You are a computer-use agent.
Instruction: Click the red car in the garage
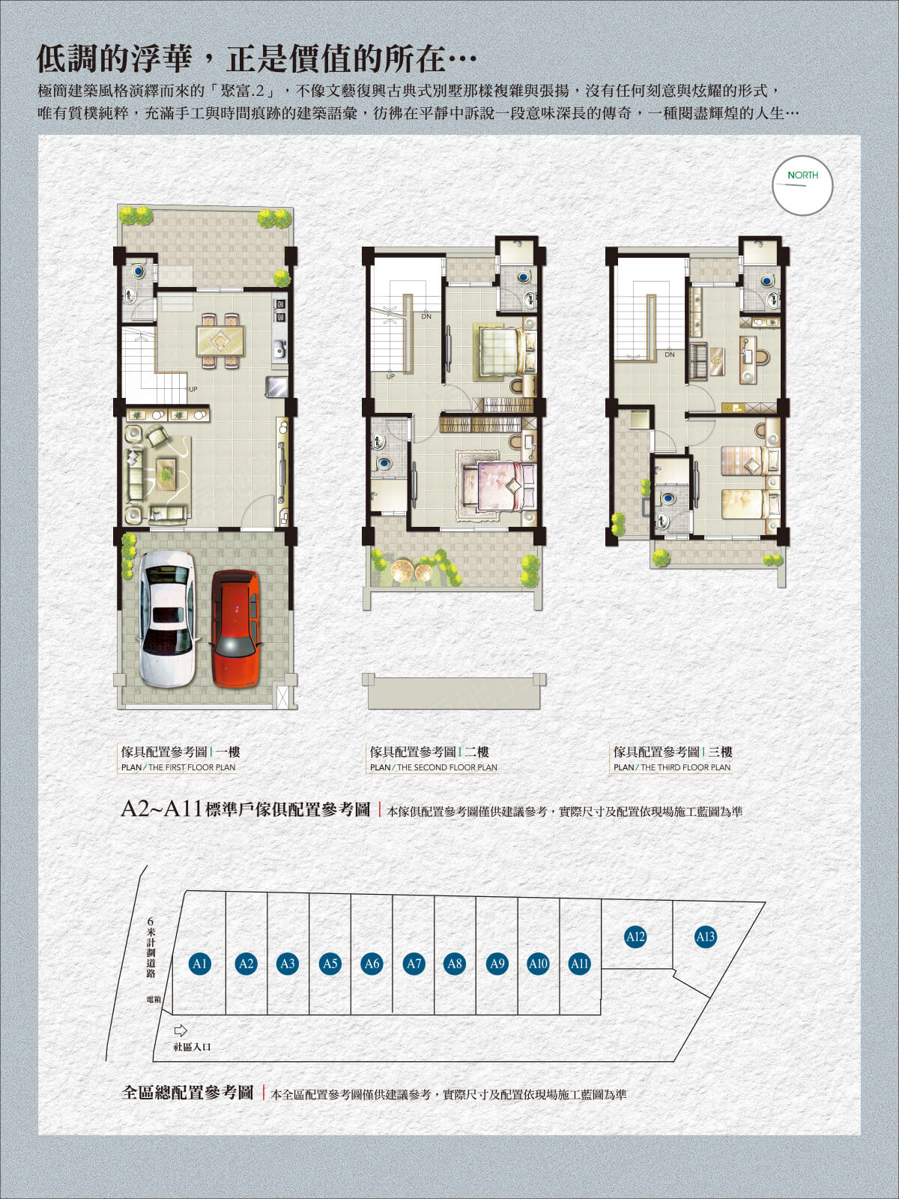click(235, 628)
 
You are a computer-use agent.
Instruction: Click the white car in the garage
click(167, 618)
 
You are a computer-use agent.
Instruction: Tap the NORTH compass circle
click(802, 186)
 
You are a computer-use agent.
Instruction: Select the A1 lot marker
click(199, 964)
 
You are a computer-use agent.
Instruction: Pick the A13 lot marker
click(705, 937)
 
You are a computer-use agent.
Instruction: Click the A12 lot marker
click(635, 937)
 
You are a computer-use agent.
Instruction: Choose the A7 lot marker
click(414, 964)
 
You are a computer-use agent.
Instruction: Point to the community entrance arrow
click(180, 1030)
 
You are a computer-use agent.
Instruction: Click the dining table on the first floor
click(220, 341)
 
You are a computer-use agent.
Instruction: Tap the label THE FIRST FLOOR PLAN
click(191, 767)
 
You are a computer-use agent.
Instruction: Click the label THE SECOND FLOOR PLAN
click(446, 767)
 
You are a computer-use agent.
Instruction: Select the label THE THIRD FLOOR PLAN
click(685, 767)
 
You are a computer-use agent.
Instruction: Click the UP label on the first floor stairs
click(193, 390)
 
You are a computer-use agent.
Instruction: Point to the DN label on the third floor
click(669, 354)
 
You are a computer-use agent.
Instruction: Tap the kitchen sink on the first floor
click(279, 349)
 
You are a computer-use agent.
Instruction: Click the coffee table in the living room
click(166, 474)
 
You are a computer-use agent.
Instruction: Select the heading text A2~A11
click(161, 809)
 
